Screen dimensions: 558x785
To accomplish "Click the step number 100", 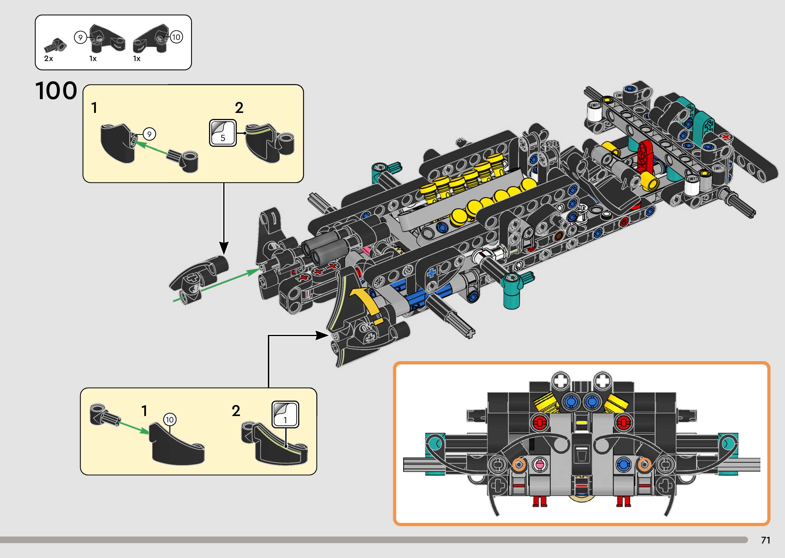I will tap(56, 91).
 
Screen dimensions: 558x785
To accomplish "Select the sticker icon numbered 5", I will tap(223, 133).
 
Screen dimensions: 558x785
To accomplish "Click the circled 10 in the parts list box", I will tap(176, 37).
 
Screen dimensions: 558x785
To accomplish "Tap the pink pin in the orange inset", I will tap(538, 465).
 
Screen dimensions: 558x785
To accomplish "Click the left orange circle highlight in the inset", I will tap(519, 465).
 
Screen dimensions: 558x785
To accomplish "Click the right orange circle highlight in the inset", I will tap(644, 465).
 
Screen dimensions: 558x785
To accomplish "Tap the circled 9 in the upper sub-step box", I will tap(149, 134).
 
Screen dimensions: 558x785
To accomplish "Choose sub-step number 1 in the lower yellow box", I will tap(144, 411).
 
